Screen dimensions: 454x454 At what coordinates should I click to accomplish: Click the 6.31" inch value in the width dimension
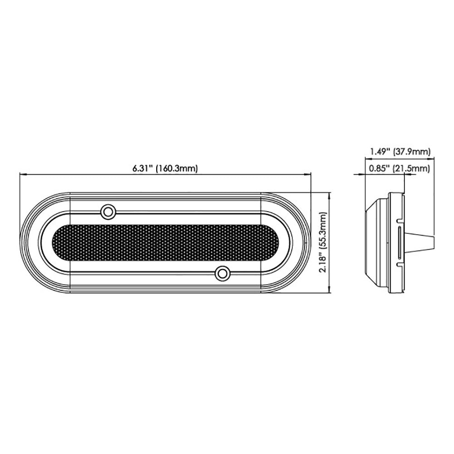coord(143,168)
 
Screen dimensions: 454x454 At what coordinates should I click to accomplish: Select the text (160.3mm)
coord(177,168)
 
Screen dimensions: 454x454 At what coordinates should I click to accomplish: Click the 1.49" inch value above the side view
coord(379,152)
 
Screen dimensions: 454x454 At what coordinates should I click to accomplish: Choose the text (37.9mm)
coord(412,152)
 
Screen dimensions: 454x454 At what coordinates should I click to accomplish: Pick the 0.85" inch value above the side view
coord(379,169)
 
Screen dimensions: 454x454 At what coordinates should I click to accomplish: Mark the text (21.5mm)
coord(412,169)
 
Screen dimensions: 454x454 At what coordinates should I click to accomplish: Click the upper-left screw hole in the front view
coord(108,211)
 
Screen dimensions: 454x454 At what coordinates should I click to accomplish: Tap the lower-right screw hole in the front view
coord(222,273)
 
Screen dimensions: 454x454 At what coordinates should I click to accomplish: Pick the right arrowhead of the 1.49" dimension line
coord(433,159)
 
